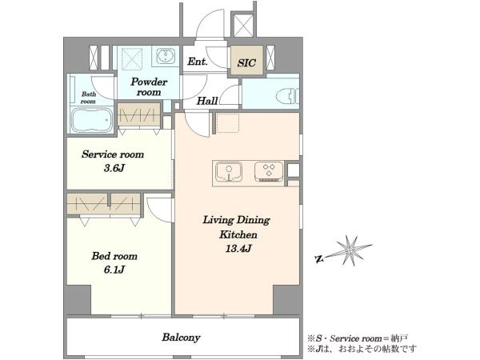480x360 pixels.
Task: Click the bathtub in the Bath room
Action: [x=91, y=120]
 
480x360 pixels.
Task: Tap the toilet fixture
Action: [x=287, y=96]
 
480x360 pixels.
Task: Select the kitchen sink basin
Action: [x=229, y=171]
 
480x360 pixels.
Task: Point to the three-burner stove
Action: [x=269, y=171]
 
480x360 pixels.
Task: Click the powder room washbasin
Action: [x=166, y=56]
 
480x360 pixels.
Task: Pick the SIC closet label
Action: [x=246, y=62]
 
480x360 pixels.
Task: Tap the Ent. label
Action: [x=198, y=62]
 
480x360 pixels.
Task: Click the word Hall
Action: [x=207, y=101]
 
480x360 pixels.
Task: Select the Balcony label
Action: [x=182, y=338]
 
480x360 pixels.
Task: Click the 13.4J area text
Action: [x=238, y=248]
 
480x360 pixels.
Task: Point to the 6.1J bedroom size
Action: [x=114, y=270]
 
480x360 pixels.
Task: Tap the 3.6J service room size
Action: [x=114, y=168]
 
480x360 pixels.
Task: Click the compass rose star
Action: [x=349, y=250]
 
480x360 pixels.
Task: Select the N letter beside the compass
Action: [x=319, y=259]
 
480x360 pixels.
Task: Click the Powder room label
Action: [x=149, y=86]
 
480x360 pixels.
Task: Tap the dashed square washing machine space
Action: [x=132, y=58]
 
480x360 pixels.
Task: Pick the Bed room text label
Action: [x=114, y=256]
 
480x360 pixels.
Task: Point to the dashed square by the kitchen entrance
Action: [x=228, y=122]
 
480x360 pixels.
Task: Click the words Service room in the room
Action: [x=113, y=154]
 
